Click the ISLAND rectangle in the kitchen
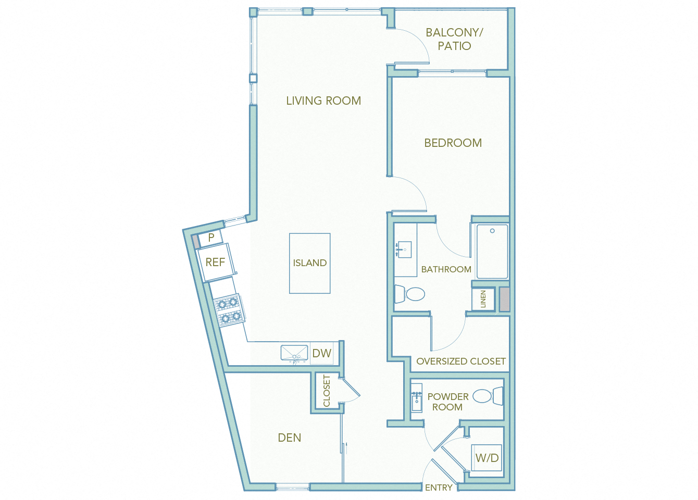(309, 263)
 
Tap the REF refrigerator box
(215, 262)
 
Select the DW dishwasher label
(322, 354)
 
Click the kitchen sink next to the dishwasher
(294, 353)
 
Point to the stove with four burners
(229, 310)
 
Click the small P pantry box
(211, 238)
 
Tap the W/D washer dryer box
(487, 458)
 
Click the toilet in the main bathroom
(410, 294)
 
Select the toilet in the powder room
(488, 396)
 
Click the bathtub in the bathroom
(492, 252)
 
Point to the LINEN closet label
(483, 299)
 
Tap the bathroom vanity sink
(404, 250)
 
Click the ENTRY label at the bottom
(439, 488)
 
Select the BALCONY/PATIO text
(454, 39)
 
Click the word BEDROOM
(453, 143)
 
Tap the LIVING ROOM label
(323, 101)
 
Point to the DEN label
(290, 438)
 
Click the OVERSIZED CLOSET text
(460, 361)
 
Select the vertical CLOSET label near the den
(327, 391)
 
